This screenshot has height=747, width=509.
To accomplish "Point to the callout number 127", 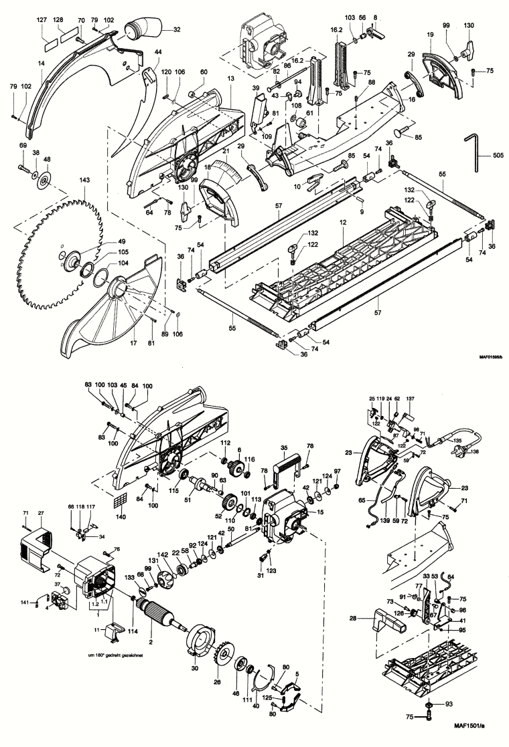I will click(42, 21).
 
